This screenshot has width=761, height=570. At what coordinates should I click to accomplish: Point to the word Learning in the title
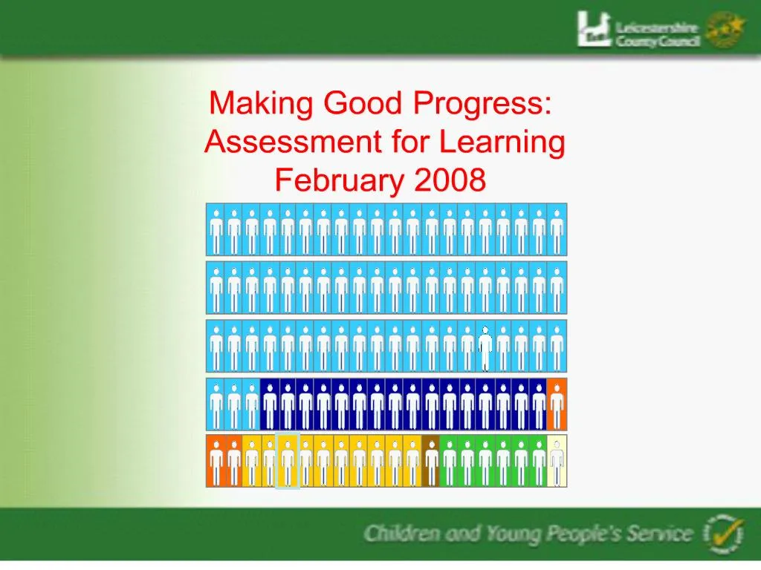pos(502,142)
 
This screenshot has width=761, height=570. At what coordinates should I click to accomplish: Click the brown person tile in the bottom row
pos(431,461)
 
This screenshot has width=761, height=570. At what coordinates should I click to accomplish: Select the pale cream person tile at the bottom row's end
pos(557,461)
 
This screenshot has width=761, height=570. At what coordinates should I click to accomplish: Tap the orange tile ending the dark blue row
pos(557,404)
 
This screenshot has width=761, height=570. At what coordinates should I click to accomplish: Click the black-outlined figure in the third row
pos(485,347)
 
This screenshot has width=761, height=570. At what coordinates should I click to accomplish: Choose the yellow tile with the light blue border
pos(288,461)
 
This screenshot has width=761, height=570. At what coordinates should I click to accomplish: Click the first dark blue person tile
pos(270,404)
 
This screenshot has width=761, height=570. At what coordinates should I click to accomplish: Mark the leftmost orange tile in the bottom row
pos(216,461)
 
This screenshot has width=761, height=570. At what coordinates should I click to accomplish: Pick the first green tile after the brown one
pos(449,461)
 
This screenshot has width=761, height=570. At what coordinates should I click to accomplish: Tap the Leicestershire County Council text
pos(657,34)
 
